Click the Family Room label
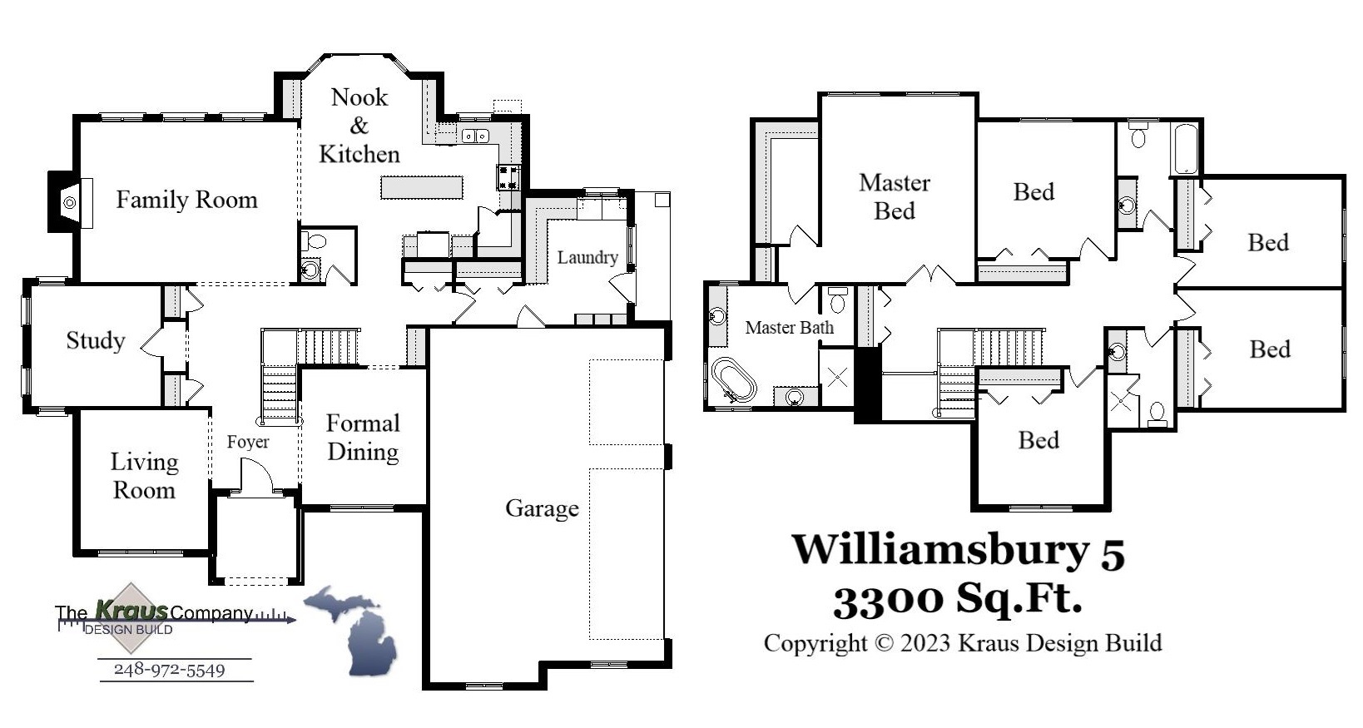186,201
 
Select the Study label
96,341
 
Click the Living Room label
144,476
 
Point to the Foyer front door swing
257,478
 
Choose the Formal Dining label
363,438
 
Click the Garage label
542,508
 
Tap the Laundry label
587,258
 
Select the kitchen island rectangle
422,187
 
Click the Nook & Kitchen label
359,126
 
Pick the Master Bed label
895,197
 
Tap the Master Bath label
789,328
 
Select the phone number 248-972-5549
170,670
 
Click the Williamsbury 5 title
958,550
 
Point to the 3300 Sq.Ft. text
958,598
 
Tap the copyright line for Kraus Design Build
963,643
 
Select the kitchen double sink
475,135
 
